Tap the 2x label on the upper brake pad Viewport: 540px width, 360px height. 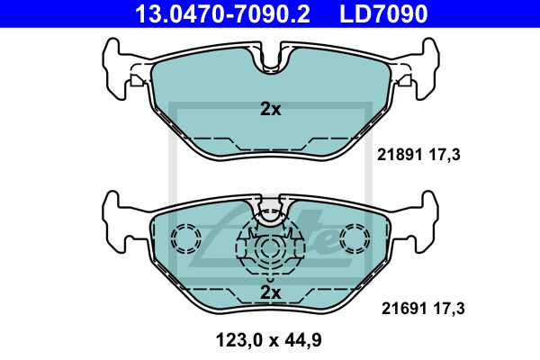[270, 110]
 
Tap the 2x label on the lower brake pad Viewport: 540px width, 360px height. [270, 292]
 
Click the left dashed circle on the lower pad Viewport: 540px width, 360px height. [186, 238]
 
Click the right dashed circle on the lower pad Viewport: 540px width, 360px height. [353, 238]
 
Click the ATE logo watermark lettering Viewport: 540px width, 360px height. [297, 236]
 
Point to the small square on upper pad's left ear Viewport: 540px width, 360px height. [135, 80]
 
